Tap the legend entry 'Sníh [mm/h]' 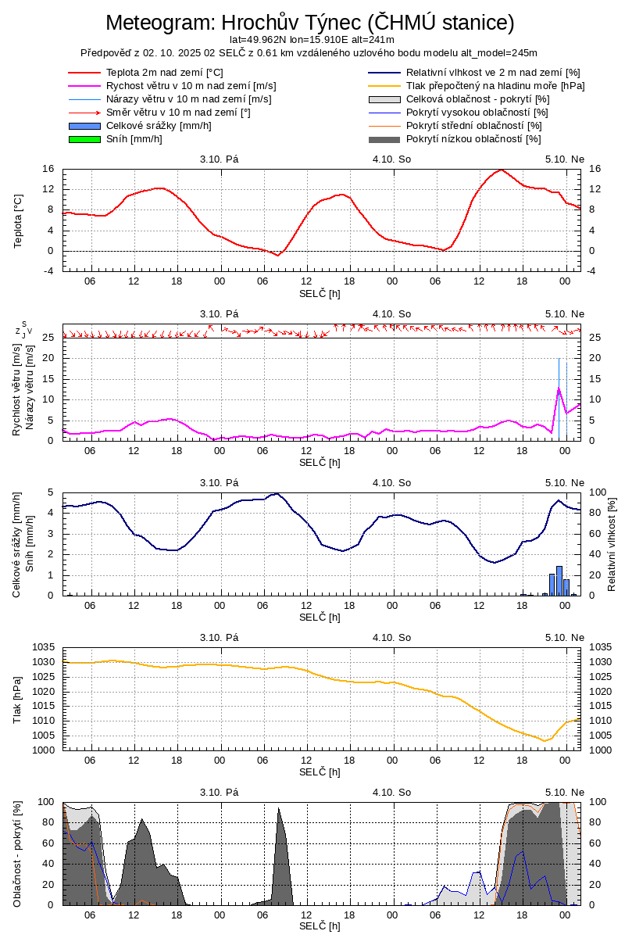coord(134,139)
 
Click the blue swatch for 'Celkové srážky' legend coord(85,126)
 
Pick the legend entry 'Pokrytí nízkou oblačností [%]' coord(473,139)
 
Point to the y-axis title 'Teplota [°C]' coord(18,220)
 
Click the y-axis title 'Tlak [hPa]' coord(18,698)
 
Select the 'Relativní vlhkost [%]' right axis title coord(612,543)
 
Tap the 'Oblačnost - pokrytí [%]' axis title coord(18,854)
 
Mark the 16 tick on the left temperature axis coord(48,169)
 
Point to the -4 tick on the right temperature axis coord(595,271)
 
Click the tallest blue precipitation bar coord(559,580)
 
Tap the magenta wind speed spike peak coord(559,388)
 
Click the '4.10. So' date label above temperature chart coord(391,159)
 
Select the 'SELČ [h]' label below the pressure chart coord(320,772)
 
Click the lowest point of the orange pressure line coord(545,740)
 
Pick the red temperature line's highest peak coord(502,170)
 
